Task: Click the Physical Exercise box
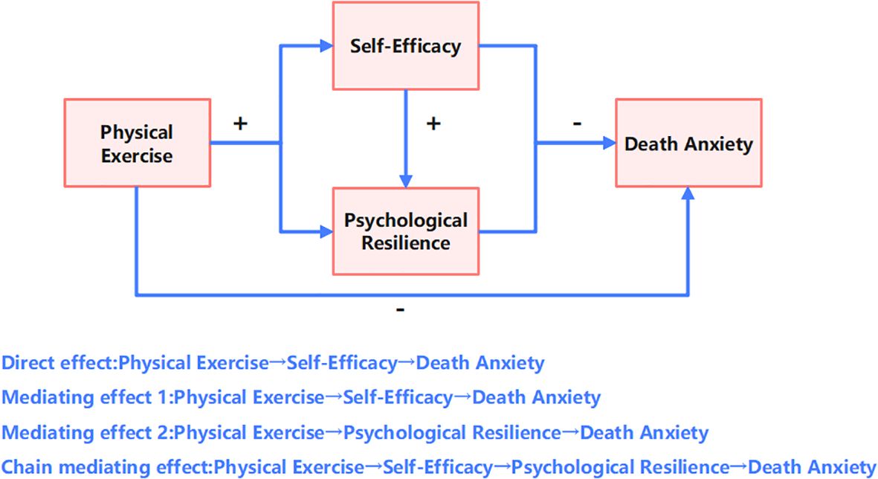point(137,143)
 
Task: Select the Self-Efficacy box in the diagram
point(405,45)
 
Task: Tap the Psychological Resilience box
point(405,231)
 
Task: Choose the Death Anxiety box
point(688,143)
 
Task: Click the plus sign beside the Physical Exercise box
point(240,123)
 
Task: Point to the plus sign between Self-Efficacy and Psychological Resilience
point(433,123)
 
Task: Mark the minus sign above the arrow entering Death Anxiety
point(577,123)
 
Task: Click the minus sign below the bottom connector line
point(401,310)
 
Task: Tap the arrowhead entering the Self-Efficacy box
point(326,45)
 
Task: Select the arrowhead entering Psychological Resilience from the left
point(326,231)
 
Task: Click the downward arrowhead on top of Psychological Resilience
point(405,181)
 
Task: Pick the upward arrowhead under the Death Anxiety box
point(688,193)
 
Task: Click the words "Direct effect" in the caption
point(58,364)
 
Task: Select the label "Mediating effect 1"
point(85,398)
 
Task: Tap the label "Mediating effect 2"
point(85,432)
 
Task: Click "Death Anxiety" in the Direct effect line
point(480,364)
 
